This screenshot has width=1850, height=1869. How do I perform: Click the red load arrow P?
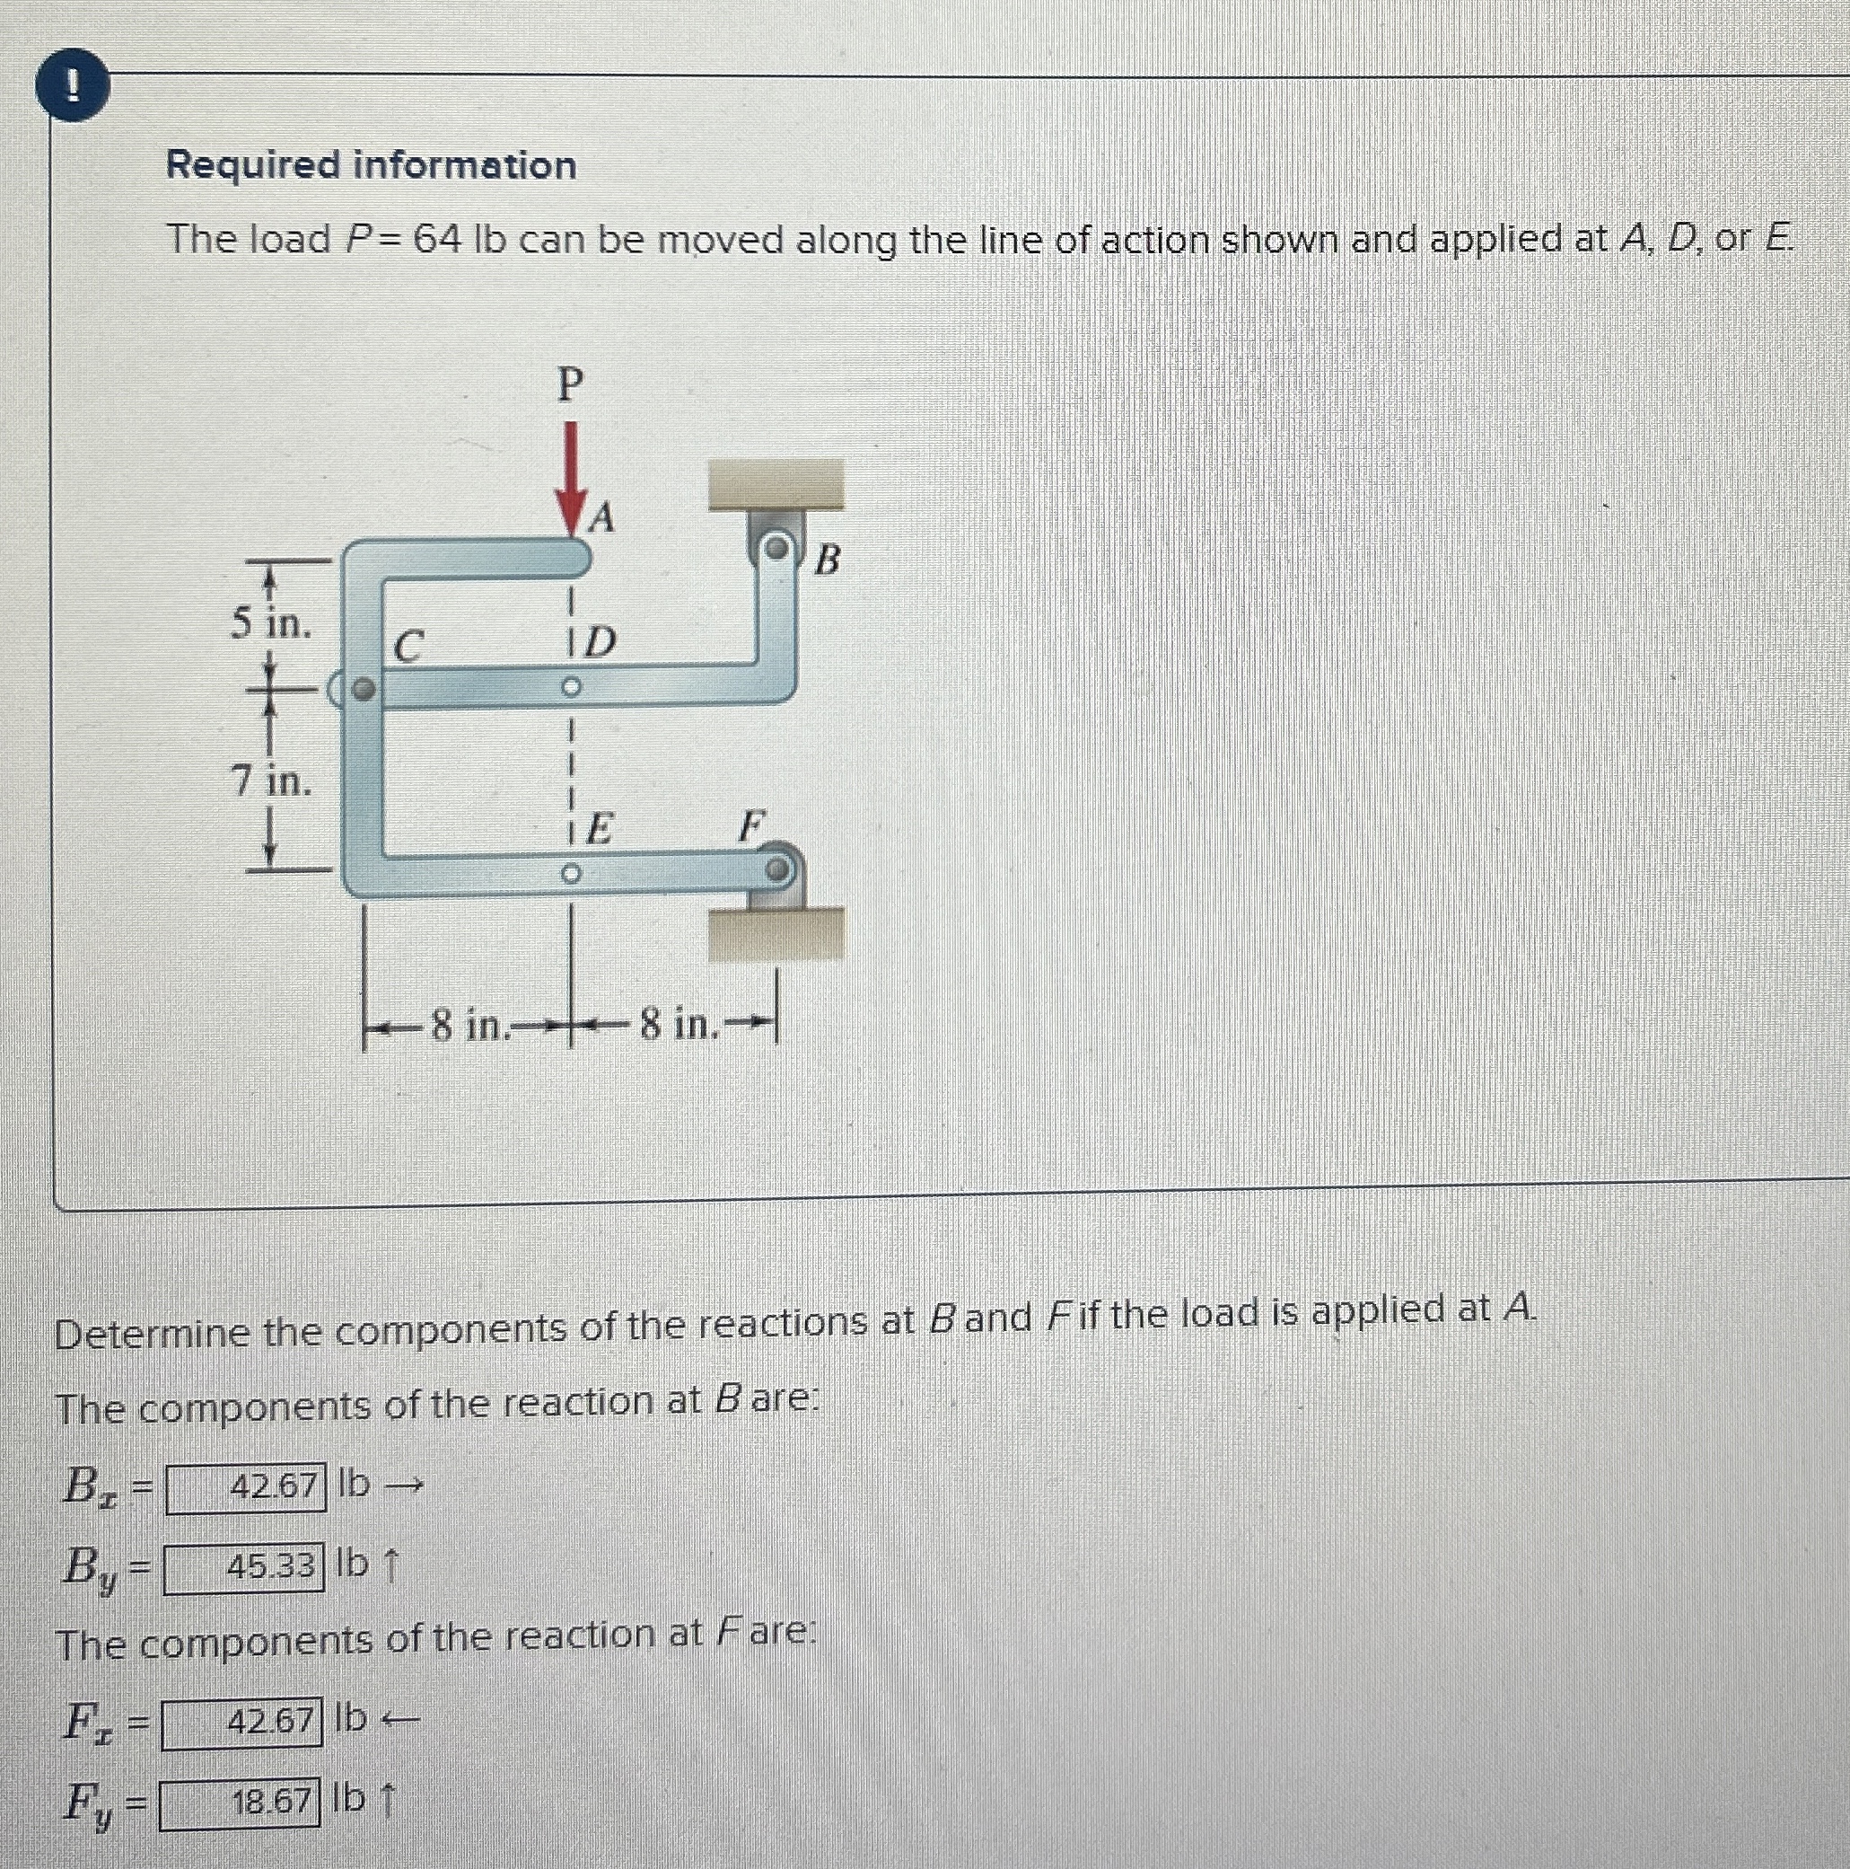pos(573,479)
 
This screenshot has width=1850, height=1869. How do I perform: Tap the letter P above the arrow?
pos(571,385)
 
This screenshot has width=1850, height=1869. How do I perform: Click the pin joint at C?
pos(363,690)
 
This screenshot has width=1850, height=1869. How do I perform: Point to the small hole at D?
pos(572,688)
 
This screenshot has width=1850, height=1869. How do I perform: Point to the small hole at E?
pos(571,875)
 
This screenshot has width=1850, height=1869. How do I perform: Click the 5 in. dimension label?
pos(272,624)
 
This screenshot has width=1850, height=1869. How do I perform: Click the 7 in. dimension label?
pos(272,780)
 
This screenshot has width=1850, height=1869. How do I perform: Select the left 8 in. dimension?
pos(469,1025)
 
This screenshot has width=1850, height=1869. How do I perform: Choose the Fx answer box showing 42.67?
pos(242,1723)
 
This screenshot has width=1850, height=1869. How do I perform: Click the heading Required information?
pos(372,165)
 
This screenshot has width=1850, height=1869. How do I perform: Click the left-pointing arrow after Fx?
pos(400,1720)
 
